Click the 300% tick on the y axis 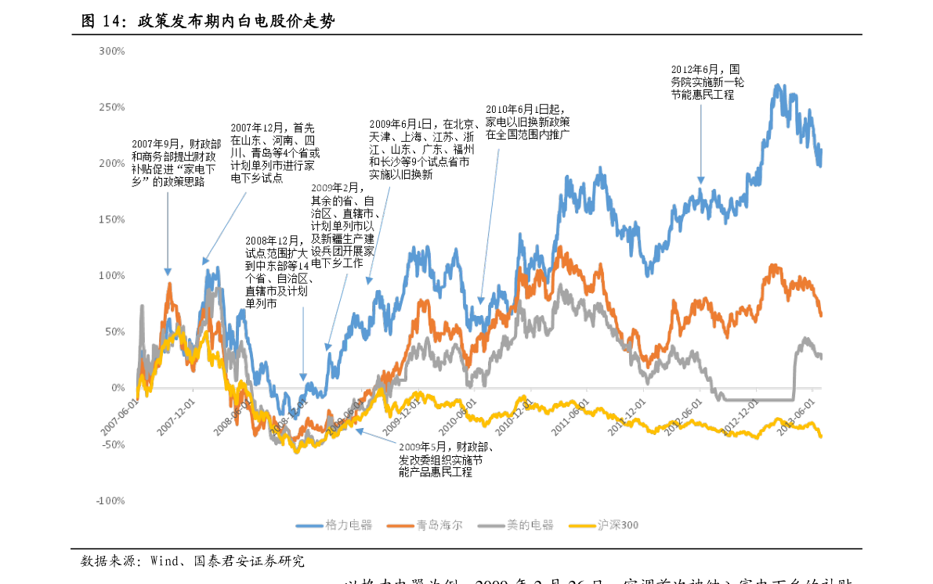(x=112, y=51)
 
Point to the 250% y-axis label (x=112, y=107)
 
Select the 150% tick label (x=112, y=219)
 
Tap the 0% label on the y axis (x=117, y=388)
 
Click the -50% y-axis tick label (x=112, y=444)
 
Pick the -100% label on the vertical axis (x=110, y=500)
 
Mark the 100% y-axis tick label (x=112, y=276)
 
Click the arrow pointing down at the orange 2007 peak (x=168, y=235)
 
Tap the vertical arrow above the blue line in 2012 (x=701, y=145)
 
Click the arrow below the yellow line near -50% (x=376, y=437)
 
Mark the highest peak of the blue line (x=778, y=86)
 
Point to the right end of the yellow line (x=820, y=436)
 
